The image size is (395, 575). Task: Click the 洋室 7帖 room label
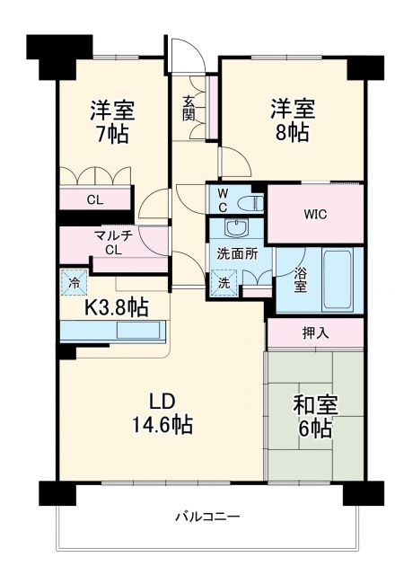112,123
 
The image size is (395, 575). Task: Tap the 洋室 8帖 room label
294,122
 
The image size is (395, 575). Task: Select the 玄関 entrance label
189,108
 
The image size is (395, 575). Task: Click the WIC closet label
315,214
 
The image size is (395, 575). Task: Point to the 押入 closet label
315,332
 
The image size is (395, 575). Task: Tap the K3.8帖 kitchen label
117,306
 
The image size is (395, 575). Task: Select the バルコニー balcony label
206,517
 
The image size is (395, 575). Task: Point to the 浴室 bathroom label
298,280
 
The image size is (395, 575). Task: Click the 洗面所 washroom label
237,254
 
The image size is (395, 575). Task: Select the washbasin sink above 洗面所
237,227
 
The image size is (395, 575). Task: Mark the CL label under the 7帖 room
94,199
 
